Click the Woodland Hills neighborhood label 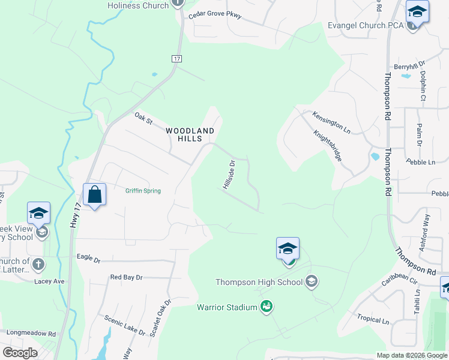pos(190,134)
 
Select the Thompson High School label pos(260,281)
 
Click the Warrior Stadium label pos(227,308)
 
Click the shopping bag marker pos(95,195)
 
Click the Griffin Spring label pos(143,191)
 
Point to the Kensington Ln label pos(331,121)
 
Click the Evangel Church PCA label pos(366,26)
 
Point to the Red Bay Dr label pos(126,278)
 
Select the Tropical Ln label pos(373,320)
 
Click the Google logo pos(20,353)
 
